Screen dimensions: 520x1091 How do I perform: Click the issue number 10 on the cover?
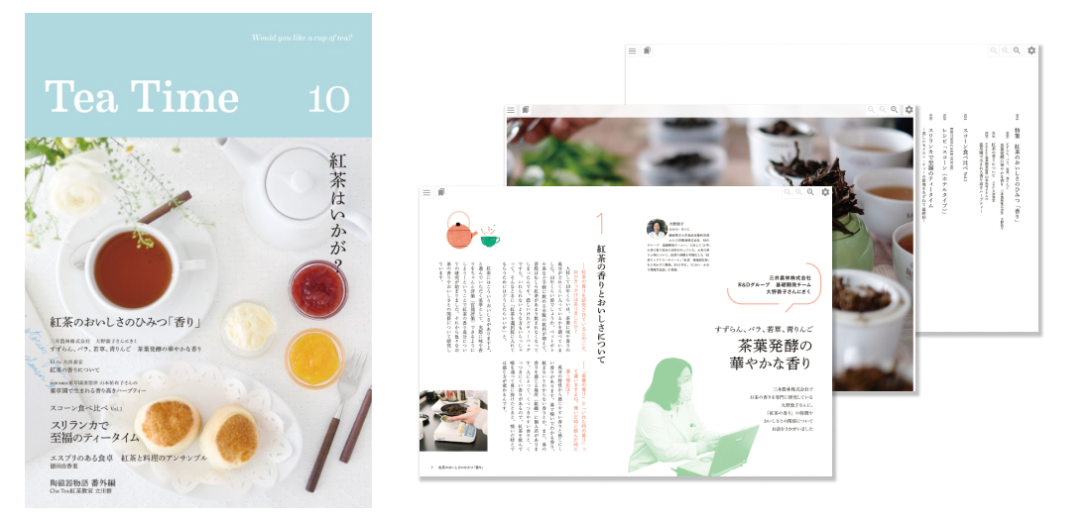click(x=327, y=99)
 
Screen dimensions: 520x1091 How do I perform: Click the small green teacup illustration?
click(x=490, y=239)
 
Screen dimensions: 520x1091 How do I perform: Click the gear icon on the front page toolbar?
click(x=826, y=192)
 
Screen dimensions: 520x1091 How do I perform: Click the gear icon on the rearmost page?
click(x=1031, y=51)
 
